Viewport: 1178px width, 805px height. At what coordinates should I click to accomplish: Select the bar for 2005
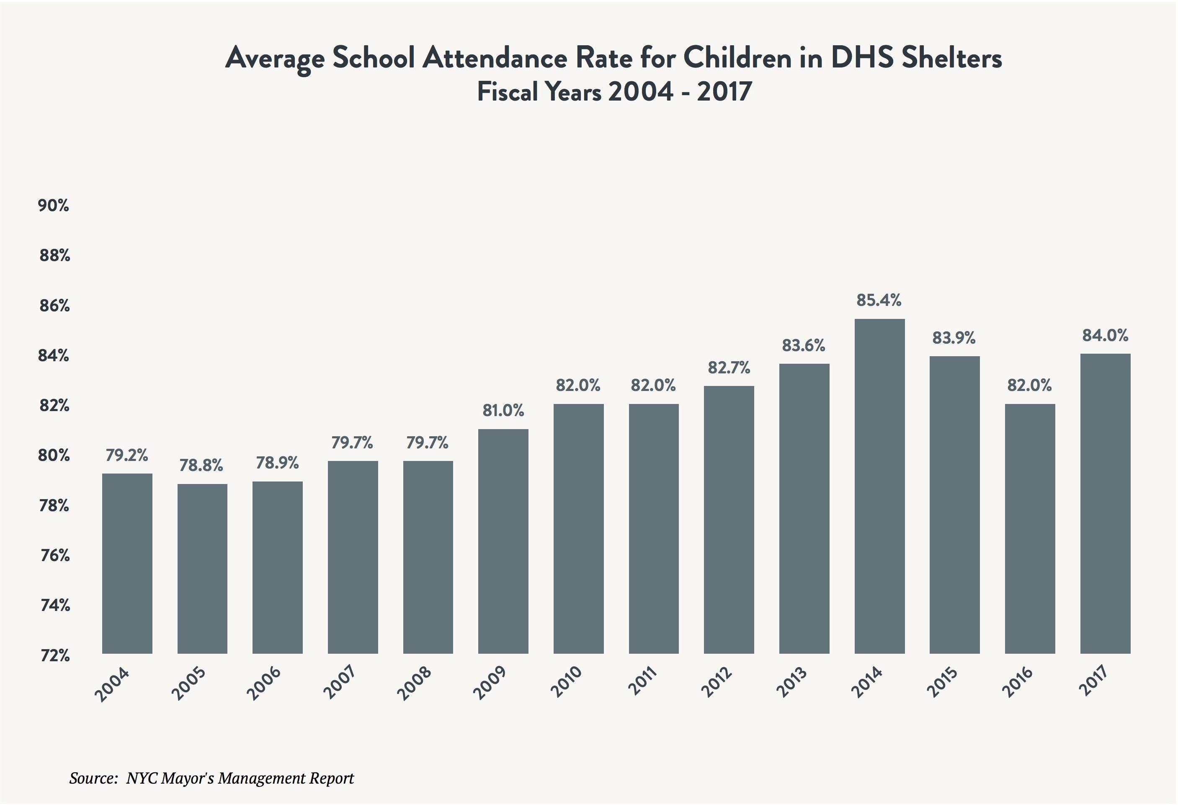tap(202, 569)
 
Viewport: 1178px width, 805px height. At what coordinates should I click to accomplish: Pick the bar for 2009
tap(503, 541)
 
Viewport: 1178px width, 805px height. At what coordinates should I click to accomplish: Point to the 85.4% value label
tap(879, 301)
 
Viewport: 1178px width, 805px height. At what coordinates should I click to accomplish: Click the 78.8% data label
tap(201, 466)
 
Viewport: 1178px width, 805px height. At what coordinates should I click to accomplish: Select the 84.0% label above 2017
tap(1105, 336)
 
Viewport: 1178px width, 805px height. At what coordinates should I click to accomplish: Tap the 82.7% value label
tap(729, 368)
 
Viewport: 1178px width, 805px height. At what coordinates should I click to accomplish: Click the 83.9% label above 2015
tap(954, 338)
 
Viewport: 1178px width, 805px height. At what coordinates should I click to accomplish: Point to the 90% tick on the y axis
tap(54, 206)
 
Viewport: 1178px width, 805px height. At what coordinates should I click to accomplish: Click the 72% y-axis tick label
tap(55, 656)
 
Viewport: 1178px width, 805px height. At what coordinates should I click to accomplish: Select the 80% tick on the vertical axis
tap(54, 456)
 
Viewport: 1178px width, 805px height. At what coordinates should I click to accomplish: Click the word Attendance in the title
tap(495, 58)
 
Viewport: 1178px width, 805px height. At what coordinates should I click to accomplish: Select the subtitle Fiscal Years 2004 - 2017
tap(614, 92)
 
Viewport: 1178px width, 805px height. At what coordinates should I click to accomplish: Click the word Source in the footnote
tap(93, 779)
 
